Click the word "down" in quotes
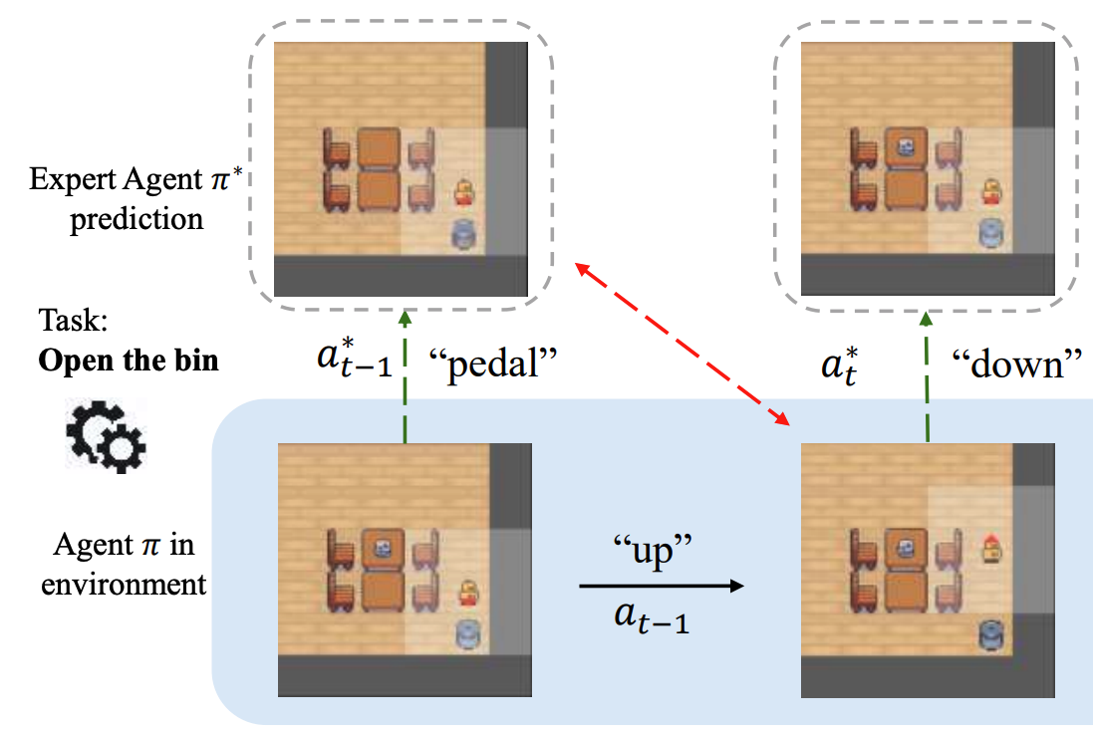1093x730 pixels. click(1017, 365)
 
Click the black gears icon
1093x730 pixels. click(106, 434)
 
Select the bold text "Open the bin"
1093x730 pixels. click(129, 359)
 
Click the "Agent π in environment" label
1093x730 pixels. click(124, 564)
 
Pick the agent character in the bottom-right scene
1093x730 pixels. click(991, 548)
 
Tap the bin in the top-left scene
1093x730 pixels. click(463, 234)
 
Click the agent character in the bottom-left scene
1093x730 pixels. click(465, 595)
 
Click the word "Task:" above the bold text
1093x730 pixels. click(74, 320)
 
